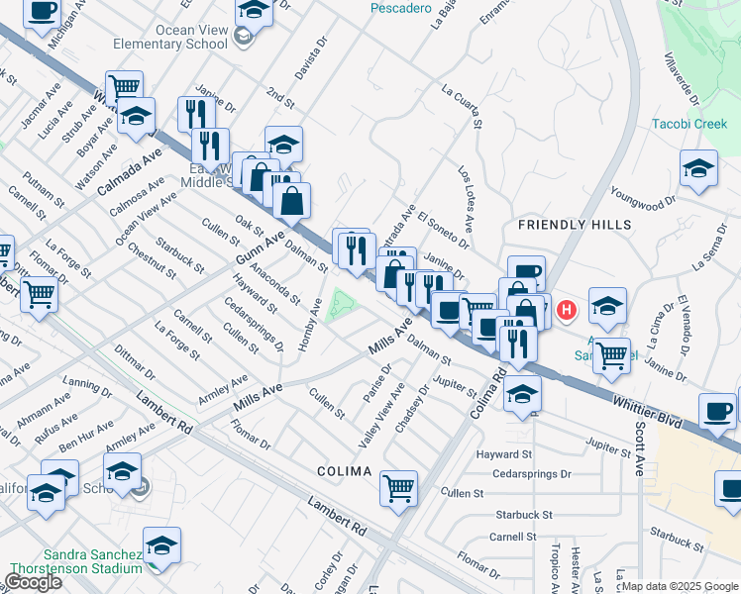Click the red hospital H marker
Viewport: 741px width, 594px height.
coord(566,310)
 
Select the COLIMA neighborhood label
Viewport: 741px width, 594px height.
coord(344,471)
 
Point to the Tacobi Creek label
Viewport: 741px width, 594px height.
coord(689,124)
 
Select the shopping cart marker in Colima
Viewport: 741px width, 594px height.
coord(398,487)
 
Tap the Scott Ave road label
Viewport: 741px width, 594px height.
coord(641,447)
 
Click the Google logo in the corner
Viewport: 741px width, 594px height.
coord(33,582)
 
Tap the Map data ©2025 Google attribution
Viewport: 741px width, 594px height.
coord(680,586)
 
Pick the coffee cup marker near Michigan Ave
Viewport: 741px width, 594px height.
coord(42,13)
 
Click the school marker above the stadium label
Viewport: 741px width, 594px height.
coord(161,544)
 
